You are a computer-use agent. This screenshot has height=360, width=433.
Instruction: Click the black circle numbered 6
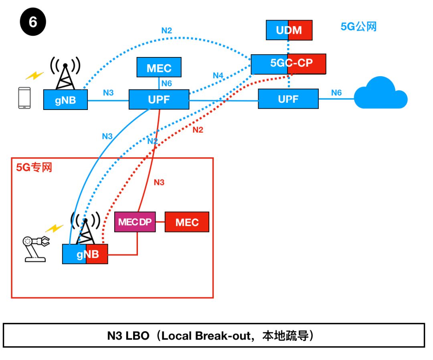[x=32, y=22]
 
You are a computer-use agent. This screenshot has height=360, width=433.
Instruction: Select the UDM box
[x=289, y=30]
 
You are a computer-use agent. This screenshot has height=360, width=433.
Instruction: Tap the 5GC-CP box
[x=288, y=63]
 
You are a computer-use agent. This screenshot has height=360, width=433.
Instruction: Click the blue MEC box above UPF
[x=159, y=67]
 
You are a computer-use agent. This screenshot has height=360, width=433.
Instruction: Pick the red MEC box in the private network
[x=187, y=222]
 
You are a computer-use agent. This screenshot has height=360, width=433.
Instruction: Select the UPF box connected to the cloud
[x=288, y=99]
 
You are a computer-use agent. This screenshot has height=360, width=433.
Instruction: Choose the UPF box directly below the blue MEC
[x=159, y=99]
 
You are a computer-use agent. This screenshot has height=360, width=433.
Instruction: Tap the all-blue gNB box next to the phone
[x=65, y=100]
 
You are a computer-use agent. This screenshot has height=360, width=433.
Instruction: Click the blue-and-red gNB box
[x=85, y=254]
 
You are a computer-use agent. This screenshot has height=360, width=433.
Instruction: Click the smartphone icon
[x=24, y=98]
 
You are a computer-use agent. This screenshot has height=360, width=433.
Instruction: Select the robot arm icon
[x=36, y=248]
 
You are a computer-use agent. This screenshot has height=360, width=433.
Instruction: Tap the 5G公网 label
[x=358, y=27]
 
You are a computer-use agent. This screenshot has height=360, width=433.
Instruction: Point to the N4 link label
[x=218, y=75]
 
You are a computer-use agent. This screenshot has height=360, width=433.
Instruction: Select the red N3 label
[x=159, y=183]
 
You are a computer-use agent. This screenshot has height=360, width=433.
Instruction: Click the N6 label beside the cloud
[x=336, y=93]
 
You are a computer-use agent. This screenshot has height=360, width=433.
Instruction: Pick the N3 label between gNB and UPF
[x=108, y=93]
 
